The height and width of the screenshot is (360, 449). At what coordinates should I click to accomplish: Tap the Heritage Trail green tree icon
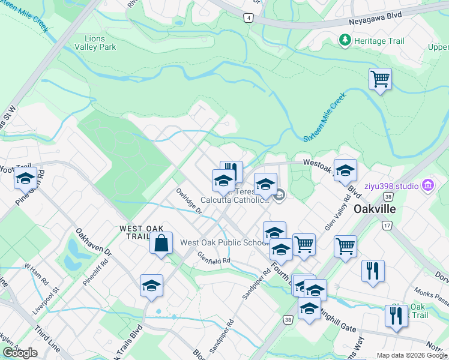(x=345, y=40)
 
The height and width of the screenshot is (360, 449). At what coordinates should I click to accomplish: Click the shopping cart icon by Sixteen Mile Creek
(x=380, y=79)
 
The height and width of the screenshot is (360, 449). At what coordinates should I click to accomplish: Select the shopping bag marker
(x=161, y=243)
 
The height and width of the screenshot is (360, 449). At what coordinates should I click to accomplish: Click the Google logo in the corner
(x=20, y=353)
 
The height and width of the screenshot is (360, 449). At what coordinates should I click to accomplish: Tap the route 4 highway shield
(x=248, y=18)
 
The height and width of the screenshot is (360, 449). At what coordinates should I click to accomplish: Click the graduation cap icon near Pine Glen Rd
(x=25, y=178)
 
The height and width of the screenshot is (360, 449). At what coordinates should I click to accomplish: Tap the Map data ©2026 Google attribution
(x=412, y=355)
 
